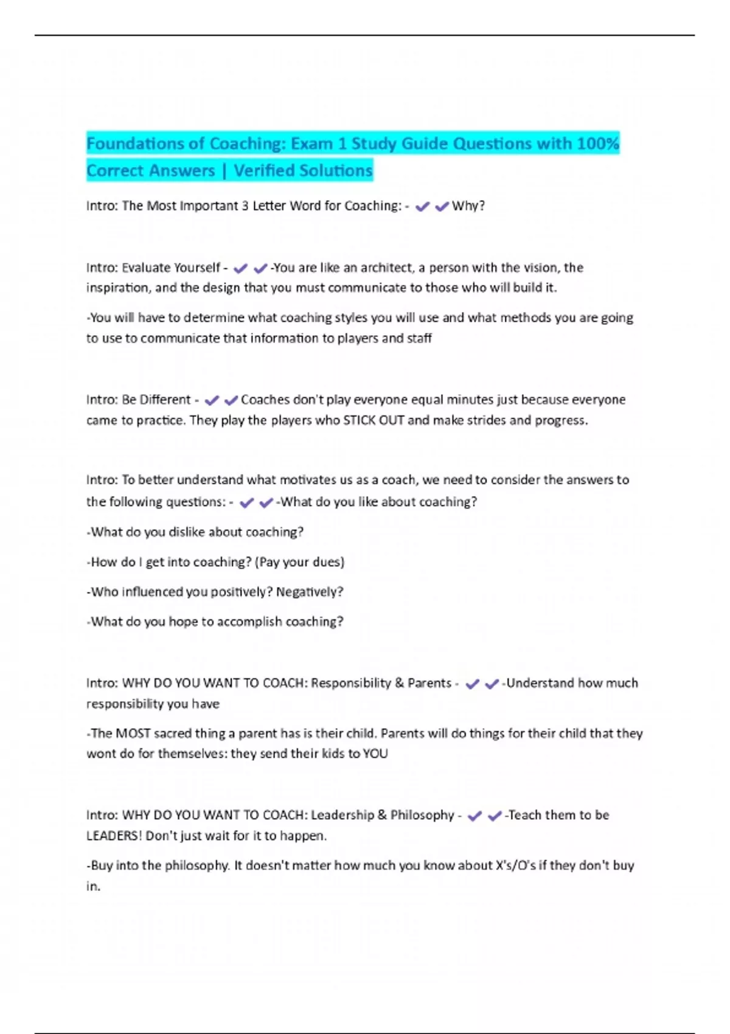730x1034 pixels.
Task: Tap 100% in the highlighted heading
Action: coord(598,144)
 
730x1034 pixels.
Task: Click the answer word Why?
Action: coord(468,206)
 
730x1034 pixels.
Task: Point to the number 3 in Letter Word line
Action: coord(245,206)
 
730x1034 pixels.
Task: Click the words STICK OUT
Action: coord(374,420)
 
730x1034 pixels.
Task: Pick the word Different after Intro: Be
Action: coord(165,400)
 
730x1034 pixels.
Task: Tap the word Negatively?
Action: coord(310,592)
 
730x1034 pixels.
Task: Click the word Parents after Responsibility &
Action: coord(429,683)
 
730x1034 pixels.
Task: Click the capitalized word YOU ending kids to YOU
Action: coord(375,754)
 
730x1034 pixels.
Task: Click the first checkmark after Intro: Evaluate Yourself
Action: coord(240,268)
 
